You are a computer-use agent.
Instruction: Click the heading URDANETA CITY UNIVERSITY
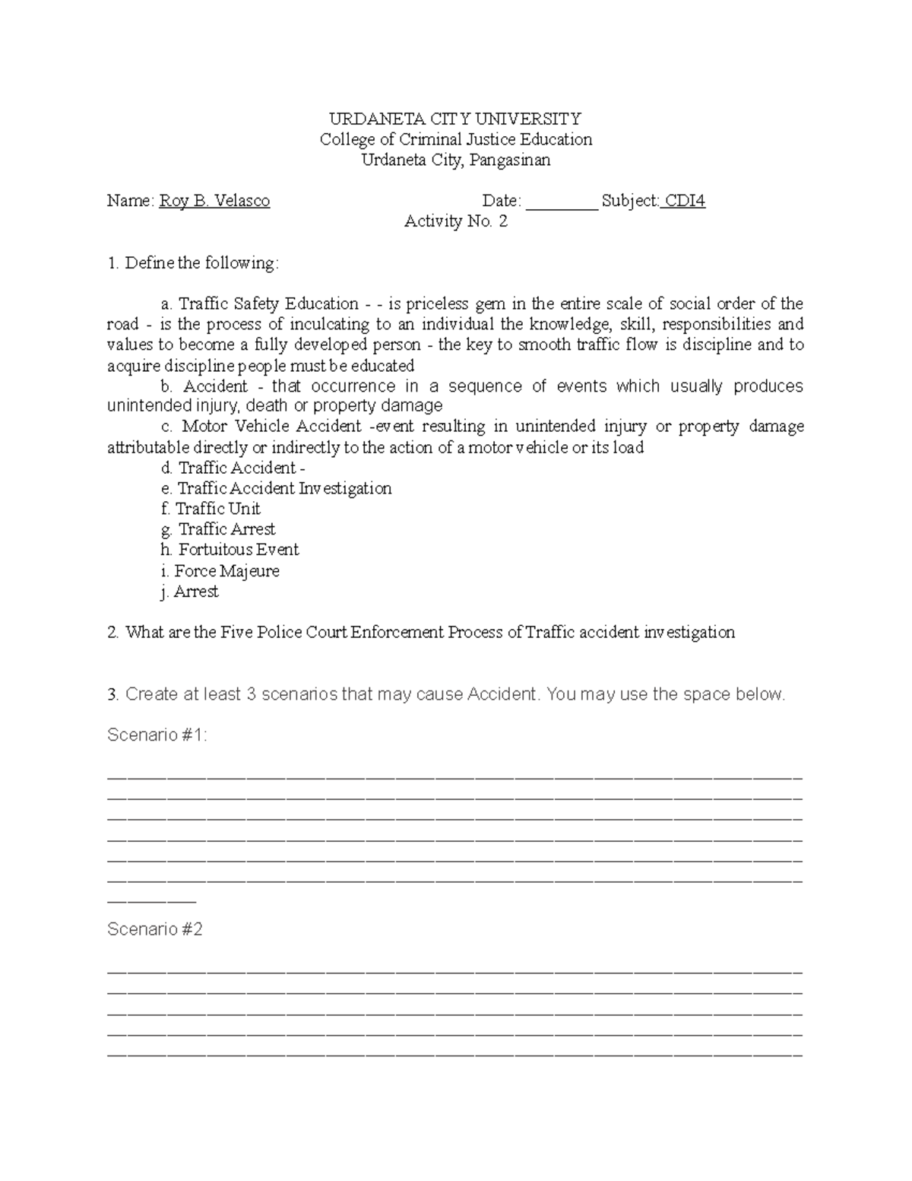pyautogui.click(x=454, y=119)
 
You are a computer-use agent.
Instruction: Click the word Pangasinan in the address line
pyautogui.click(x=510, y=160)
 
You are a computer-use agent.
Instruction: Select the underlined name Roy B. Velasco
pyautogui.click(x=214, y=201)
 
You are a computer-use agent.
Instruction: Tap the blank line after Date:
pyautogui.click(x=562, y=202)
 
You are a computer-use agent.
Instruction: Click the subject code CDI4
pyautogui.click(x=684, y=201)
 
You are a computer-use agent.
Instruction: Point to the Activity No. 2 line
pyautogui.click(x=455, y=221)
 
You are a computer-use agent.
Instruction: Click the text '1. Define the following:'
pyautogui.click(x=193, y=263)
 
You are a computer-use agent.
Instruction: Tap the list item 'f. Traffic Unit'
pyautogui.click(x=211, y=509)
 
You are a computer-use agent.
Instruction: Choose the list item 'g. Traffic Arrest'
pyautogui.click(x=218, y=529)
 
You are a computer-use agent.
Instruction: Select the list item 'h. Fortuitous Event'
pyautogui.click(x=230, y=550)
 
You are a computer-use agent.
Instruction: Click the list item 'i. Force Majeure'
pyautogui.click(x=220, y=571)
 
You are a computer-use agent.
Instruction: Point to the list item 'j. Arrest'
pyautogui.click(x=189, y=592)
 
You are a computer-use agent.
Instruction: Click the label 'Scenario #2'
pyautogui.click(x=155, y=929)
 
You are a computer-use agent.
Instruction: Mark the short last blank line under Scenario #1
pyautogui.click(x=152, y=901)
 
